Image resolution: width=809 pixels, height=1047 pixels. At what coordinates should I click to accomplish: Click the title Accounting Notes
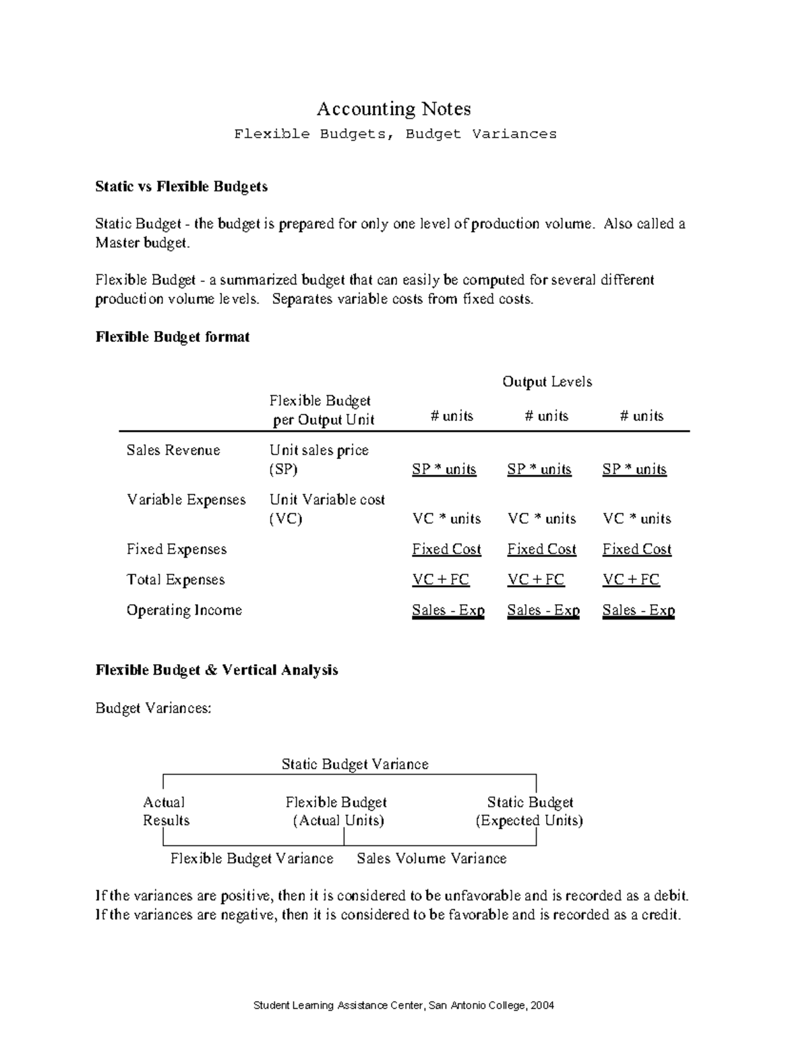(394, 109)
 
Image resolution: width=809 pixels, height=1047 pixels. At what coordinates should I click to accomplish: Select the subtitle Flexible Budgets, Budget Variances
(395, 133)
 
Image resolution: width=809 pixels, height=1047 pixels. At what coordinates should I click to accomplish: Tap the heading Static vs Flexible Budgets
(181, 187)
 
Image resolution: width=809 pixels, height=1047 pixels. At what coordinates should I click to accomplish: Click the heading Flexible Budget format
(173, 336)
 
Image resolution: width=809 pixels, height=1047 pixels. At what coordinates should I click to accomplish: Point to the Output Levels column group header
(547, 382)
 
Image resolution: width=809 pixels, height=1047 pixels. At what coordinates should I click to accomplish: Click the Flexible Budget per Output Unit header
(322, 410)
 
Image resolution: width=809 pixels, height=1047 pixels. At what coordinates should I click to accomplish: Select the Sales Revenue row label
(173, 450)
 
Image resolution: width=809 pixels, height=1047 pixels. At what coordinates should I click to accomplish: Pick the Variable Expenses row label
(186, 500)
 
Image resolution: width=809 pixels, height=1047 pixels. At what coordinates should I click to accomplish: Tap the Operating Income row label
(184, 610)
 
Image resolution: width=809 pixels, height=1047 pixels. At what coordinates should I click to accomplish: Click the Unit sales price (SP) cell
(319, 459)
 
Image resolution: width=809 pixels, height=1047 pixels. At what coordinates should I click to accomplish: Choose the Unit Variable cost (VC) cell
(327, 509)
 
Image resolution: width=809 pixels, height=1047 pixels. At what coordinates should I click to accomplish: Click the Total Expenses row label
(175, 580)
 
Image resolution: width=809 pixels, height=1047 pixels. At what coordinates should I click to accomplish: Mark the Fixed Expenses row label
(177, 549)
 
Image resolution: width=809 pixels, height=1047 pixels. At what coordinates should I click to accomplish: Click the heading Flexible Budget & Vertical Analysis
(216, 670)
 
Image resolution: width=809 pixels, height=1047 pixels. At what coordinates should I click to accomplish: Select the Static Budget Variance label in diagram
(355, 764)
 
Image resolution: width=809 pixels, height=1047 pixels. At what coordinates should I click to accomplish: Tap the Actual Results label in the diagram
(165, 811)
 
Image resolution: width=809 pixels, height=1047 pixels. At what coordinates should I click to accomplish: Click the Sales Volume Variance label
(431, 858)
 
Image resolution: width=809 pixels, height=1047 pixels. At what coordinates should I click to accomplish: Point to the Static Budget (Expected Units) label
(530, 811)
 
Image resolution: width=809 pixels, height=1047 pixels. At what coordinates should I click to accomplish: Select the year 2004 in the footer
(542, 1005)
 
